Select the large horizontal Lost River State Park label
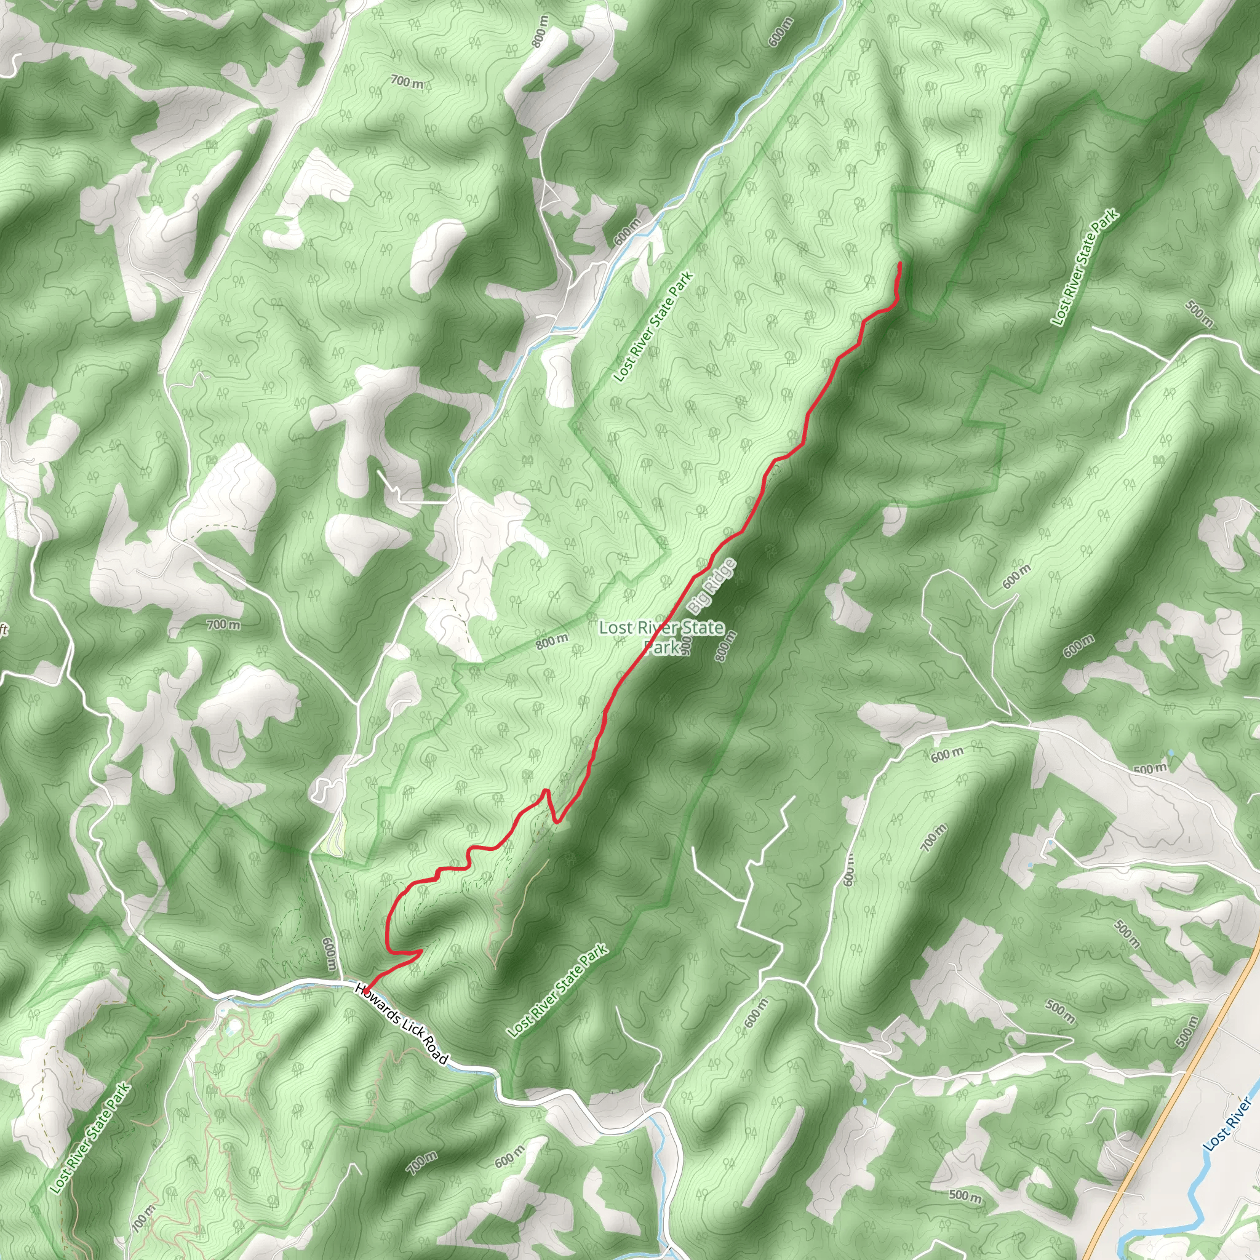click(661, 636)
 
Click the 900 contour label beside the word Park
click(685, 645)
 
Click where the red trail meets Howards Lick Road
click(366, 990)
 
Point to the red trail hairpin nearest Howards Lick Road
click(417, 953)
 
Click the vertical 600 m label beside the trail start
click(329, 956)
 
